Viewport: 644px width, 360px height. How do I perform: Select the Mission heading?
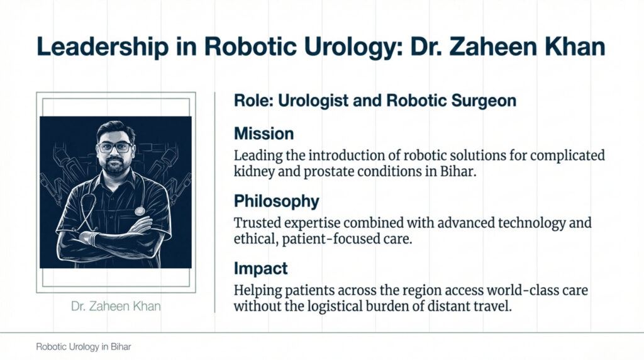point(264,134)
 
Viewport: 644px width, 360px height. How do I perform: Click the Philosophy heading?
point(276,201)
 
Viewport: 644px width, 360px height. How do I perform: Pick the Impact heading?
point(260,269)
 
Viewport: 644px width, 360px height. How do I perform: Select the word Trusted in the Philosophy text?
point(258,223)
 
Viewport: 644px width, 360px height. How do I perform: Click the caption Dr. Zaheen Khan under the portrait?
point(116,307)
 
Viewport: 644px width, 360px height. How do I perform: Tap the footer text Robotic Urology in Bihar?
point(83,347)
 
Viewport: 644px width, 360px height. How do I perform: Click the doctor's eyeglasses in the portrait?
point(114,147)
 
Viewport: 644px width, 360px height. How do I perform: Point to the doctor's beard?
point(115,167)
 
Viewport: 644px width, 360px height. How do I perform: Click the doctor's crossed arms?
point(113,236)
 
